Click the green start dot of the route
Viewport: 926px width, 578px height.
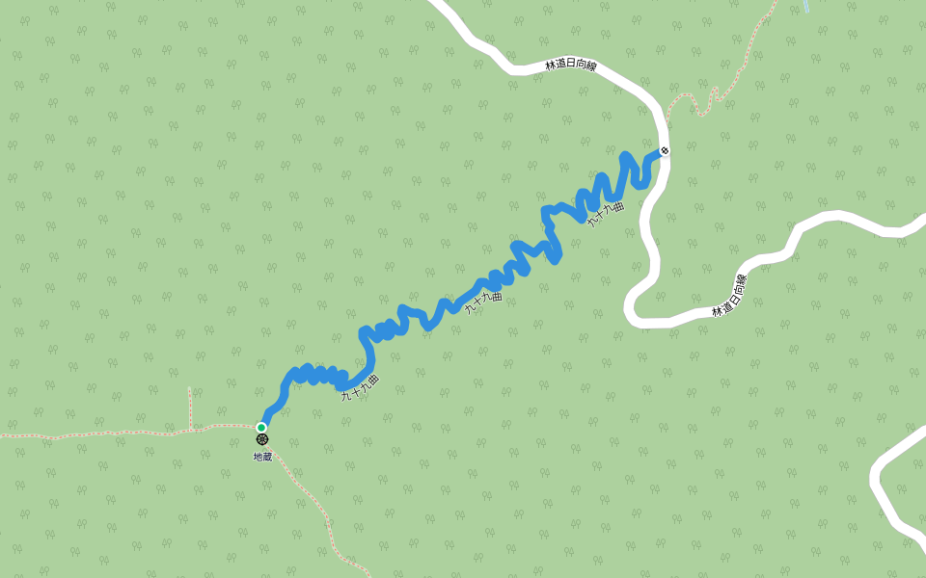261,427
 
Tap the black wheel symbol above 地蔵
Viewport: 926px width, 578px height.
261,439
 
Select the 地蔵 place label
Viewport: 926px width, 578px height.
262,456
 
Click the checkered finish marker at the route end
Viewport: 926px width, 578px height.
664,151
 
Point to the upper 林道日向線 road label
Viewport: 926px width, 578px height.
571,66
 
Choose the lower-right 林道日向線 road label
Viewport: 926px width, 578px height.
730,296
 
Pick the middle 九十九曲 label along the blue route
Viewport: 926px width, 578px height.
484,302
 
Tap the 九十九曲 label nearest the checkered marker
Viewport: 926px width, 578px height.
607,214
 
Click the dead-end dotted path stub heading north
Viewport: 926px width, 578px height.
190,405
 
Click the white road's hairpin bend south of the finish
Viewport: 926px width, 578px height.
633,308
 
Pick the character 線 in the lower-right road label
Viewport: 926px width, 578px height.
743,280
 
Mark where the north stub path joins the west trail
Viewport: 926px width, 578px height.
191,428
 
